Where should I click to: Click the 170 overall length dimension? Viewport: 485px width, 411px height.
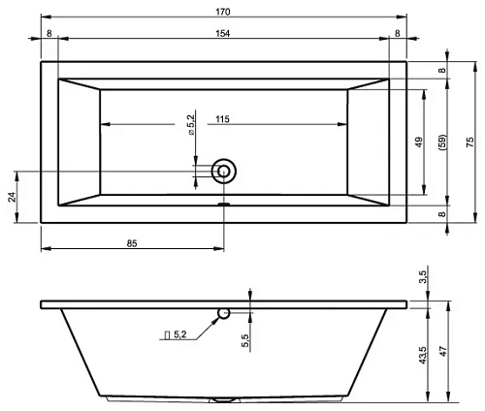coord(223,12)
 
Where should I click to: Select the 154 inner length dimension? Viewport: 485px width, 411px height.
coord(223,33)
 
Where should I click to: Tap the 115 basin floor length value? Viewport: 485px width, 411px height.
coord(222,119)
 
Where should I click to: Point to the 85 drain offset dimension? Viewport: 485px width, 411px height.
coord(132,243)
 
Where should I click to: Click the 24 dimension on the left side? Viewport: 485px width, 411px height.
coord(12,197)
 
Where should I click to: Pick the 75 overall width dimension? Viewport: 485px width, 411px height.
coord(470,142)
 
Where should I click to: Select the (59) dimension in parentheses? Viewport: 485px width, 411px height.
coord(442,142)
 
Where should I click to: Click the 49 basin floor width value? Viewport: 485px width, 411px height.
coord(419,142)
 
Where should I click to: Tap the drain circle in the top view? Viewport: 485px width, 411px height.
coord(224,172)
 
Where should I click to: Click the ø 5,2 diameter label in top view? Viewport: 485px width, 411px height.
coord(191,125)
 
